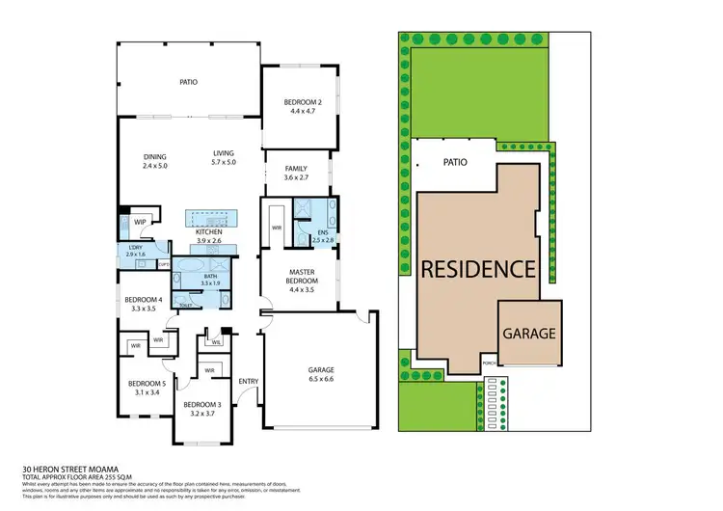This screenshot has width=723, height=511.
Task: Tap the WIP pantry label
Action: click(x=140, y=221)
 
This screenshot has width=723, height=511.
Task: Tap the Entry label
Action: click(x=248, y=380)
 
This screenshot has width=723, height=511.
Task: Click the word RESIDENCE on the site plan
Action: click(x=476, y=269)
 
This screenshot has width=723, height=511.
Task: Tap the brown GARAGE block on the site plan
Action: click(x=529, y=334)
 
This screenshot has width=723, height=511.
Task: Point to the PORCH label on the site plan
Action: click(x=489, y=365)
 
